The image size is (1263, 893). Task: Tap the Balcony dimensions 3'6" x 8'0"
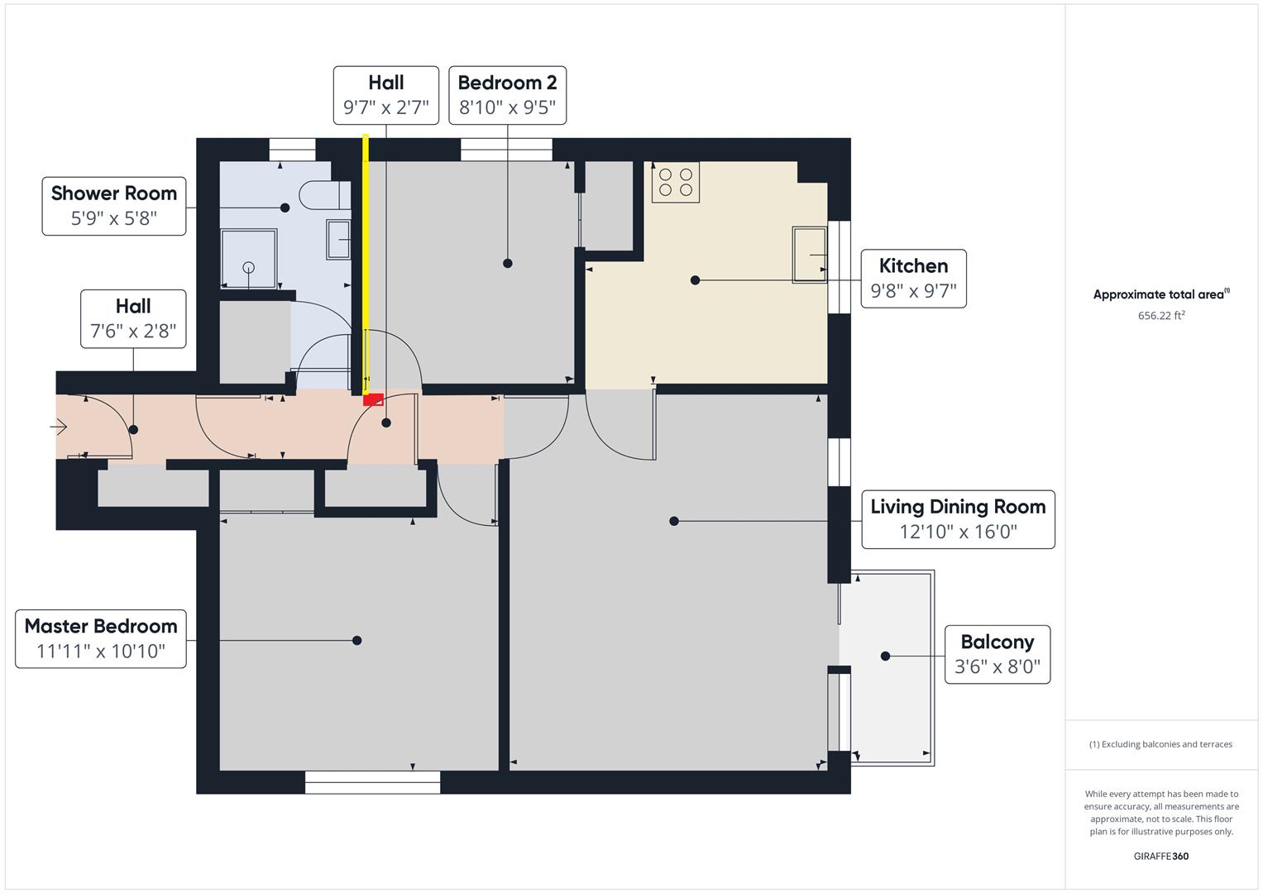coord(997,666)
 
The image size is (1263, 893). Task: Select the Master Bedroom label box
coord(101,638)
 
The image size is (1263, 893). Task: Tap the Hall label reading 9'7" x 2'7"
coord(385,95)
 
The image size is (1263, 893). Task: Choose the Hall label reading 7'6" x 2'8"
coord(133,318)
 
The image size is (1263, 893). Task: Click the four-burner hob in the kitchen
coord(675,183)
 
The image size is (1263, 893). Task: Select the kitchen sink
coord(810,255)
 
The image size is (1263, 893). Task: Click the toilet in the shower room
coord(319,195)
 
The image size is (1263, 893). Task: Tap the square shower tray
coord(248,258)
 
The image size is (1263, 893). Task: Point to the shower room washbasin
coord(339,240)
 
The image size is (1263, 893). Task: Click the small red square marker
coord(373,399)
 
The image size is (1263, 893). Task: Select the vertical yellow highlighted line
coord(366,265)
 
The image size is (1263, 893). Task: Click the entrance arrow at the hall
coord(60,427)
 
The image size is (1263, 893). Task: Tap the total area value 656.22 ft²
coord(1161,315)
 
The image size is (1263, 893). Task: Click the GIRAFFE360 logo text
coord(1160,856)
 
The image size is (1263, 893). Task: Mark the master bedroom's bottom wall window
coord(372,782)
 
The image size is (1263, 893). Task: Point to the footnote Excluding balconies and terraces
coord(1160,744)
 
